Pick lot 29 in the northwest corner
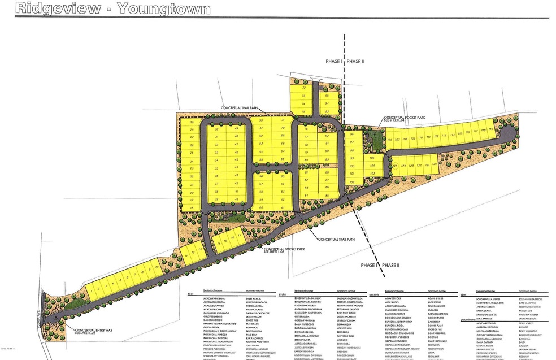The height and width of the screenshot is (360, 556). (192, 123)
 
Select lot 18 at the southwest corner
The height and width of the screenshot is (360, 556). (192, 208)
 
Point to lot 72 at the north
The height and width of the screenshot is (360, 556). (305, 88)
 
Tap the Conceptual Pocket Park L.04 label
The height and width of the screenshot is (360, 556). (404, 118)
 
